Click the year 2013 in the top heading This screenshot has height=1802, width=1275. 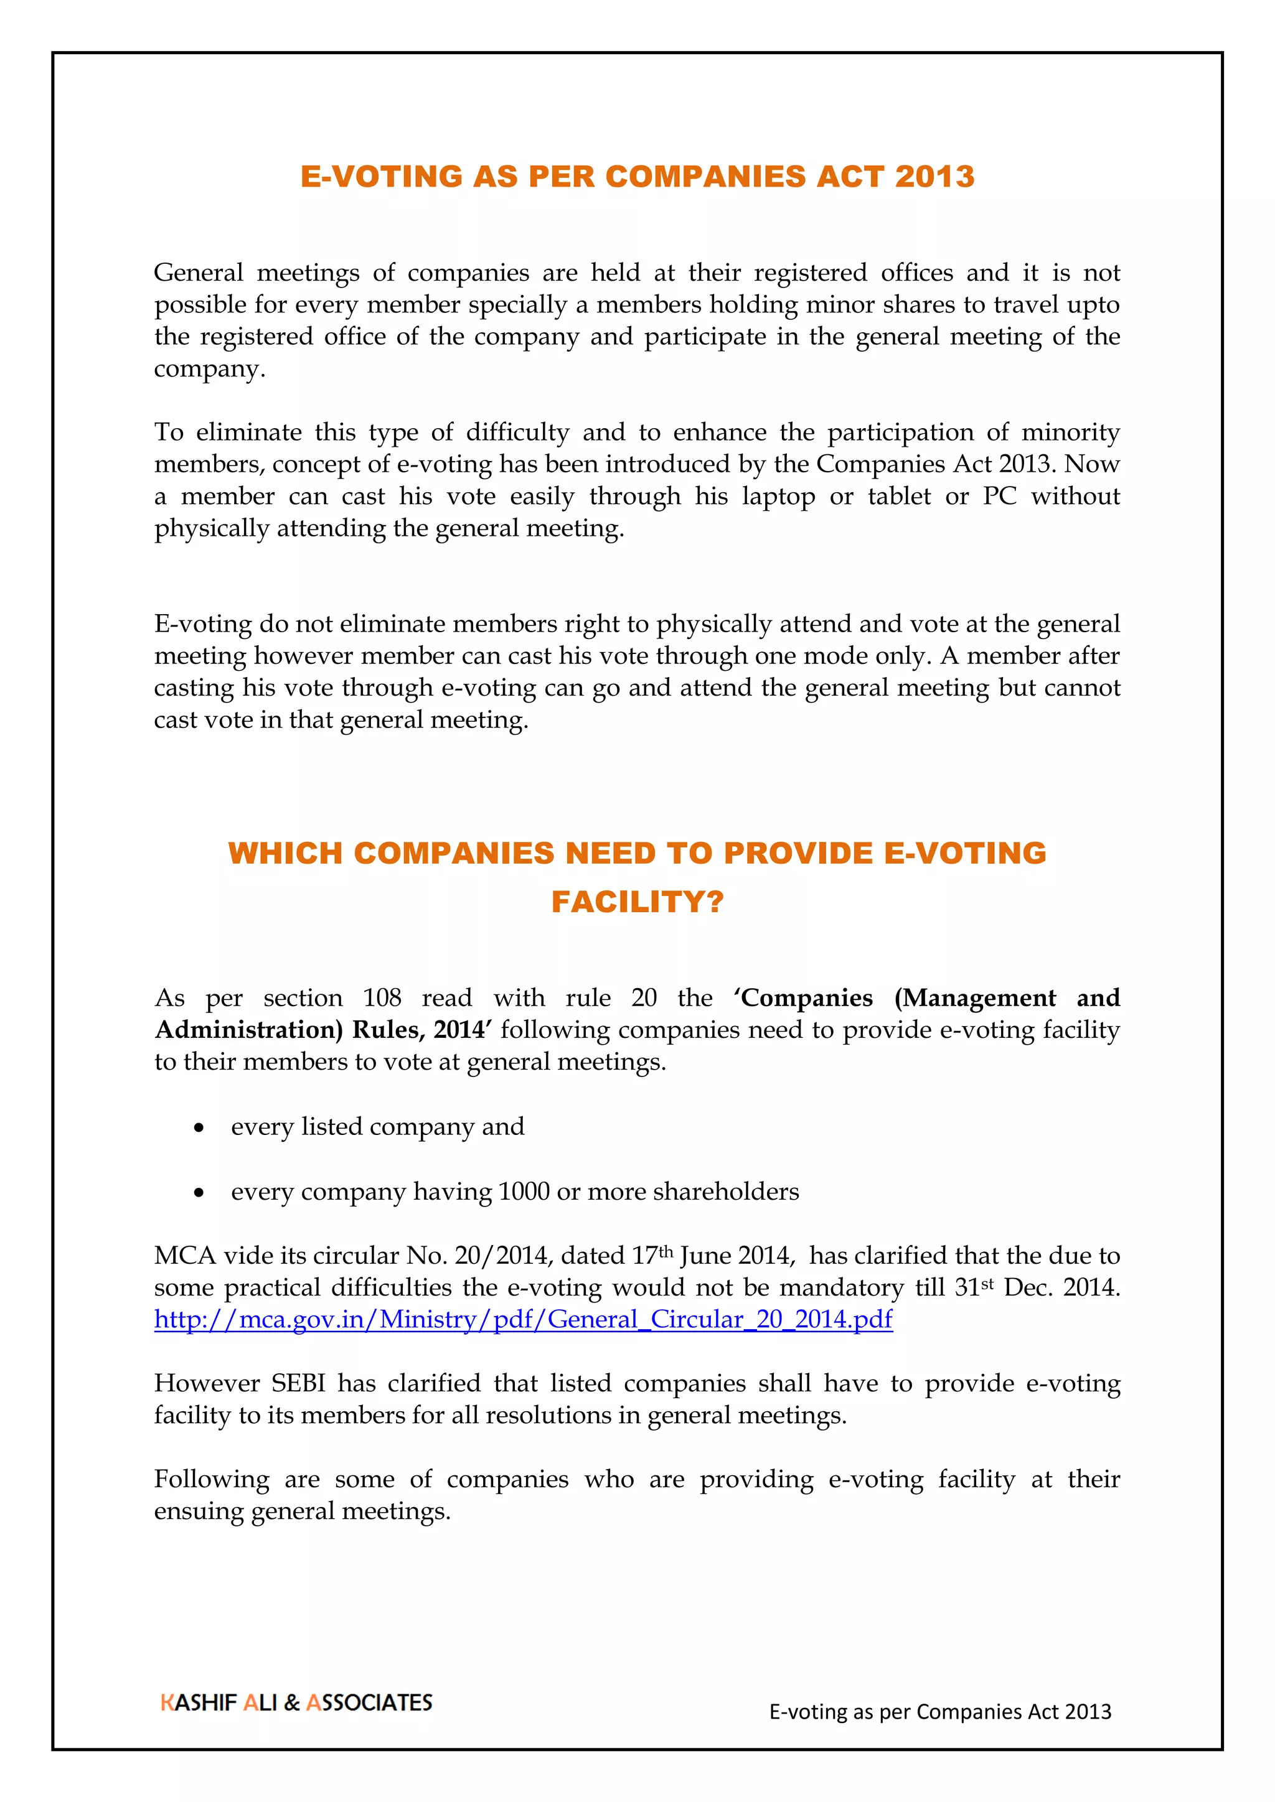pos(934,177)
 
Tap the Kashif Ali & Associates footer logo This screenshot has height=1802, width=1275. pos(296,1702)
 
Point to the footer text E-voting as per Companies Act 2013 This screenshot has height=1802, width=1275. pos(940,1712)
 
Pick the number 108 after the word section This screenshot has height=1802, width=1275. pos(382,997)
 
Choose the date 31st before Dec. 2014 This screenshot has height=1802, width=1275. pos(974,1287)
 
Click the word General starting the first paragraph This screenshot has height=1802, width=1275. pos(199,273)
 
